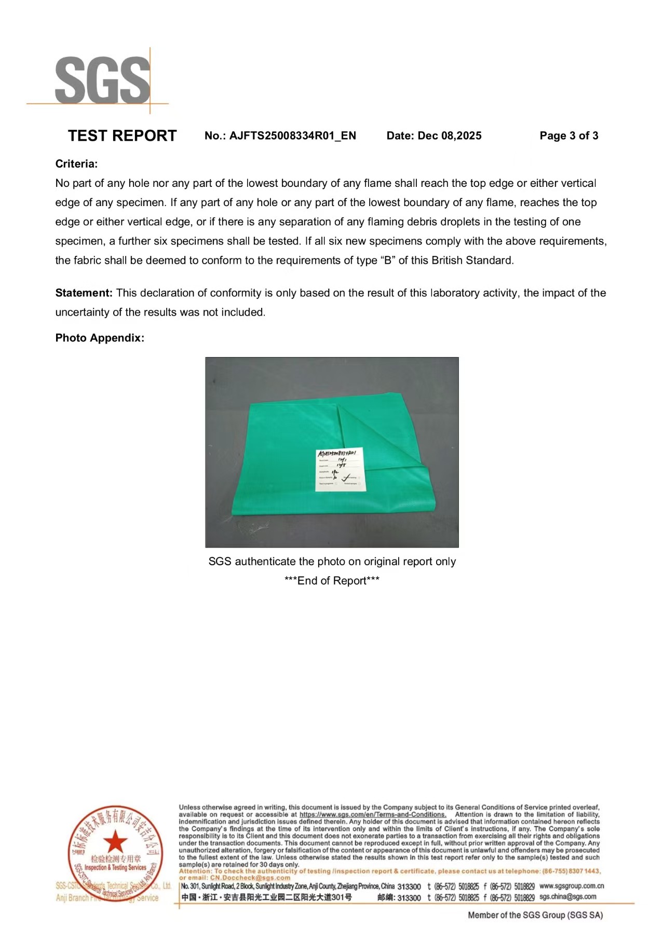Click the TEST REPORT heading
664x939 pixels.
[122, 136]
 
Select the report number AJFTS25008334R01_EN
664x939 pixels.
[292, 136]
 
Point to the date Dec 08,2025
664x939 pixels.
[450, 136]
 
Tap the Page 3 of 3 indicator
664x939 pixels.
[568, 136]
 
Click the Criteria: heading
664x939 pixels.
[76, 164]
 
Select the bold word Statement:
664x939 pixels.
[84, 293]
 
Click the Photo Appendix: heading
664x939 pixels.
[100, 338]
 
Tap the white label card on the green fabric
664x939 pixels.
[341, 469]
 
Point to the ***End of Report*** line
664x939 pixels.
[332, 581]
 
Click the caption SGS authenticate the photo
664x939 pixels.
[332, 562]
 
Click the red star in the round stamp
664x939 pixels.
[115, 841]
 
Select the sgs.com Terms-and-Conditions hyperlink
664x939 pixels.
[373, 814]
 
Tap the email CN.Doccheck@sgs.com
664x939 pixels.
[250, 878]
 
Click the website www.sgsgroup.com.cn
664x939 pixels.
[572, 886]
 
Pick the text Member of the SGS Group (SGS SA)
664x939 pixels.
[535, 915]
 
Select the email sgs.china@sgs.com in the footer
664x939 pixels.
[568, 896]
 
